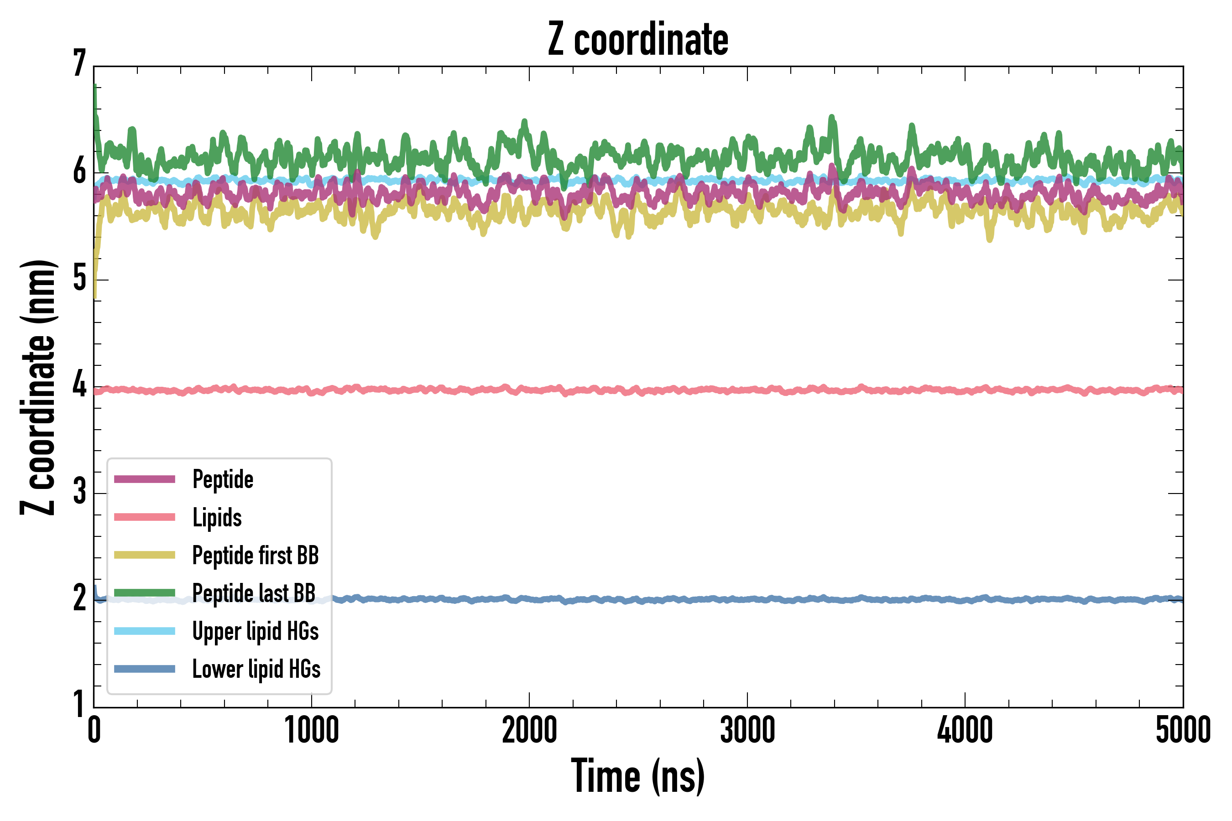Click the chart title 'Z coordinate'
tap(637, 39)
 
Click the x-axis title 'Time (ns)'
tap(637, 776)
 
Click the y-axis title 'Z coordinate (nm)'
tap(38, 387)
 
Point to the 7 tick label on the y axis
tap(79, 63)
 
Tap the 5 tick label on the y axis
tap(79, 278)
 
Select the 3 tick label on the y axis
tap(79, 492)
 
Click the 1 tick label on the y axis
tap(79, 704)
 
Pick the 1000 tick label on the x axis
tap(312, 730)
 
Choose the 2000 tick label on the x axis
tap(529, 730)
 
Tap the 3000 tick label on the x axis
tap(747, 730)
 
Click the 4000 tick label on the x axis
tap(965, 730)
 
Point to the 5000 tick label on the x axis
tap(1183, 730)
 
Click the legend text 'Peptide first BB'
tap(255, 556)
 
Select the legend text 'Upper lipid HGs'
tap(255, 631)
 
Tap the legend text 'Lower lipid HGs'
tap(256, 669)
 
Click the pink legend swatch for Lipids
tap(145, 517)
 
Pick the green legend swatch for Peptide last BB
tap(145, 592)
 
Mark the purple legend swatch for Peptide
tap(145, 479)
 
